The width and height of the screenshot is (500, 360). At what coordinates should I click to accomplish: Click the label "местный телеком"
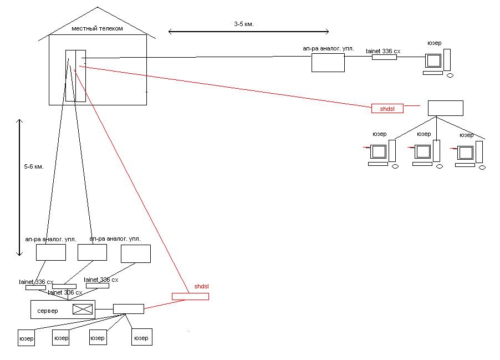(x=97, y=28)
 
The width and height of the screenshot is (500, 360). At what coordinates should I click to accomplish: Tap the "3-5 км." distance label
(x=244, y=24)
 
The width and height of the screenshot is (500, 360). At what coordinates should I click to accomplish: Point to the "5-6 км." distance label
(x=34, y=166)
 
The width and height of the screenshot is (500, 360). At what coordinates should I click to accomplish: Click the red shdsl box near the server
(x=190, y=297)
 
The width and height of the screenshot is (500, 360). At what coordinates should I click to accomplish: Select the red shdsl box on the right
(x=387, y=109)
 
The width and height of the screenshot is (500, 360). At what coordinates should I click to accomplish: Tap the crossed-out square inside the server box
(x=81, y=310)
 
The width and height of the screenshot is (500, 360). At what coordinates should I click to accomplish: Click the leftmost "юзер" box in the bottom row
(x=26, y=337)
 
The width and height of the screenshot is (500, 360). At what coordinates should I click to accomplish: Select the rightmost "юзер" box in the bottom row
(x=141, y=337)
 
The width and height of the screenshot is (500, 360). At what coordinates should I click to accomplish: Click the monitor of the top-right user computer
(x=432, y=60)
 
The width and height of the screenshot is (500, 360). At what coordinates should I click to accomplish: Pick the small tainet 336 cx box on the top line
(x=384, y=57)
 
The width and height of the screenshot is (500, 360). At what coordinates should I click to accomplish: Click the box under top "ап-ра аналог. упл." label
(x=328, y=62)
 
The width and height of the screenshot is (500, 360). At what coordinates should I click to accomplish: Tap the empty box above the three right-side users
(x=445, y=108)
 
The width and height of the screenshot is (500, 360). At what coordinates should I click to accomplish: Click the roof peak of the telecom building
(x=98, y=8)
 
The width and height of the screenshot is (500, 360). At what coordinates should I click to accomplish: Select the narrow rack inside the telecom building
(x=75, y=75)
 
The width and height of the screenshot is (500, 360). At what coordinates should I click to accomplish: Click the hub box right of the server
(x=128, y=308)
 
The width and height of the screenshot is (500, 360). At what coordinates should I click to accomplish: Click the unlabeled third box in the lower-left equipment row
(x=135, y=253)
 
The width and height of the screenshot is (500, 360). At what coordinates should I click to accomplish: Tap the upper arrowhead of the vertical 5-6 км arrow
(x=19, y=120)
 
